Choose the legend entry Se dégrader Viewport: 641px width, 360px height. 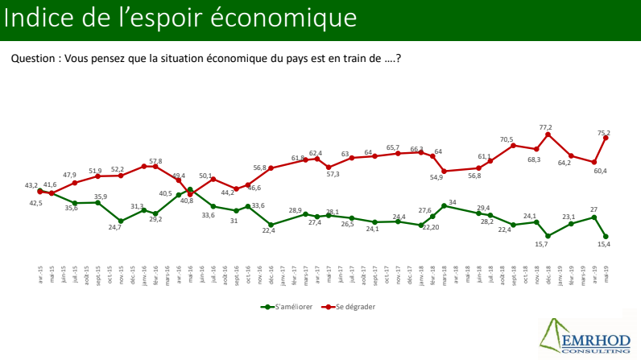[354, 306]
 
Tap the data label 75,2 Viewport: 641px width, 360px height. [602, 132]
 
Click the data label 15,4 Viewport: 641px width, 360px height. [602, 245]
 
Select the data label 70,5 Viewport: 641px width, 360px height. [506, 140]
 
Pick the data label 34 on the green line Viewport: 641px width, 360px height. [453, 202]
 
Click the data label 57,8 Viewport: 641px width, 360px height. [155, 161]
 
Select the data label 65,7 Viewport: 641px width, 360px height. [393, 147]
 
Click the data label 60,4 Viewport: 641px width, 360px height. [600, 171]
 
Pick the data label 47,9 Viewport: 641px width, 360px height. [70, 175]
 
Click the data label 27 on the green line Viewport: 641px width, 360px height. [593, 209]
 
